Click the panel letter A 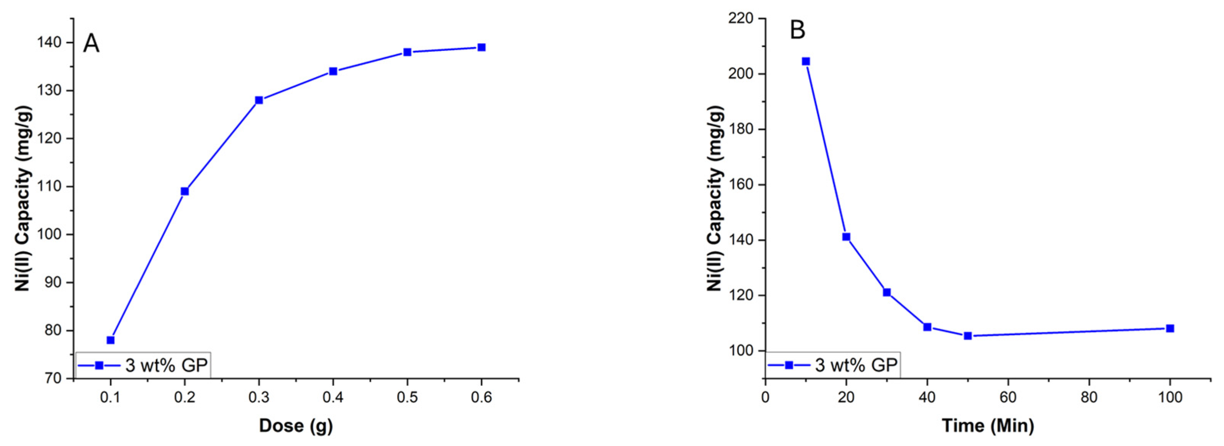click(91, 44)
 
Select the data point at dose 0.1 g click(111, 340)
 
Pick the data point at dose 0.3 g click(259, 100)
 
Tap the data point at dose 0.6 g click(481, 47)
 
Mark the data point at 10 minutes click(806, 61)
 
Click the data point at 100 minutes click(1170, 328)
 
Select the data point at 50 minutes click(968, 336)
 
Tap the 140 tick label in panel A click(49, 42)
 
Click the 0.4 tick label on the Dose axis click(333, 397)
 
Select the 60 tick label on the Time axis click(1008, 397)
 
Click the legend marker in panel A click(99, 365)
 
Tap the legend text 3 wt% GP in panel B click(857, 365)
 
